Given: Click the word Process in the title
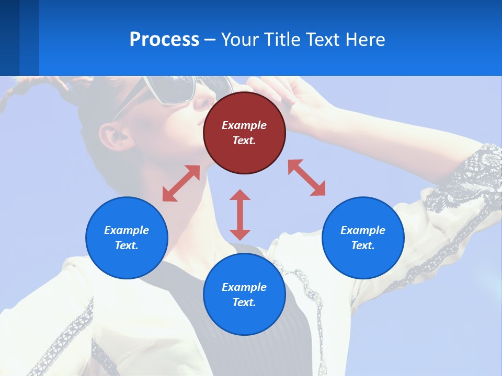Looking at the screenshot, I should point(164,40).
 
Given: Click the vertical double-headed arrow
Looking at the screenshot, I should point(240,215).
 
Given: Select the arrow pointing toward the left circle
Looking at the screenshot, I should point(181,183).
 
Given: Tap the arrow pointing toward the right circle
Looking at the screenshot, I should point(306,178).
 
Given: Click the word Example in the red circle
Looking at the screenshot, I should point(244,125).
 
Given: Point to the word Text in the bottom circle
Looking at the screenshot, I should point(244,303).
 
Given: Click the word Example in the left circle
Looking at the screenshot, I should point(127,230).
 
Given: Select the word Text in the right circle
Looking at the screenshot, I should point(363,246).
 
